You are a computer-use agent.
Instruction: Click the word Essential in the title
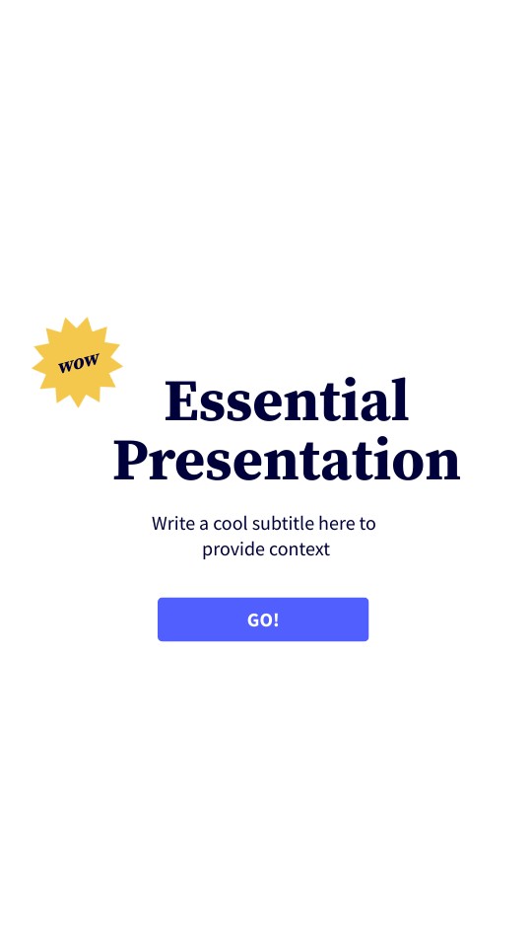[286, 401]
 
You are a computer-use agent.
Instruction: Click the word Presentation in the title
[286, 460]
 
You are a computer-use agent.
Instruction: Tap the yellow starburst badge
[77, 362]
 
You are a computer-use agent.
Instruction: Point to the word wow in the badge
[78, 362]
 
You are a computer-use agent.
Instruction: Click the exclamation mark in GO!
[277, 619]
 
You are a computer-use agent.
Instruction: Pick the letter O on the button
[267, 619]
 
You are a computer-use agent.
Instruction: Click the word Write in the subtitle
[173, 523]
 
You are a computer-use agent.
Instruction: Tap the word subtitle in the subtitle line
[284, 523]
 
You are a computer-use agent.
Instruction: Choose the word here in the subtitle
[336, 523]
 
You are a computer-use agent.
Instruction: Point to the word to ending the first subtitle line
[367, 523]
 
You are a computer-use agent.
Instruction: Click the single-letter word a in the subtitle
[204, 524]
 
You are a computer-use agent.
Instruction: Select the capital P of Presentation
[131, 460]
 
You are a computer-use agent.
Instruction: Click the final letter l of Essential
[401, 399]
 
